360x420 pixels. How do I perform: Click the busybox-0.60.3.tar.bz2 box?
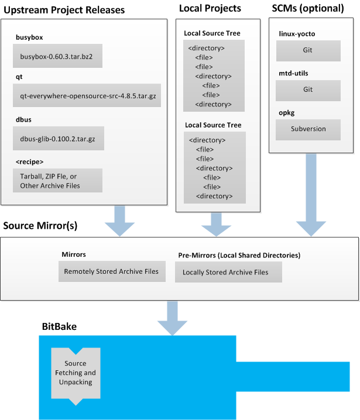click(x=57, y=56)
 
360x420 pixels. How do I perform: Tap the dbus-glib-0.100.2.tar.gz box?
click(x=58, y=138)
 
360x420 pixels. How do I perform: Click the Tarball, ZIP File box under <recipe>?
click(x=57, y=180)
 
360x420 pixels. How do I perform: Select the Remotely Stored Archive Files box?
click(x=111, y=271)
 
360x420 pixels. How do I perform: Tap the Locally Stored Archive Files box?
click(x=228, y=272)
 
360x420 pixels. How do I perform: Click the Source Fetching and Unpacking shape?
click(x=76, y=373)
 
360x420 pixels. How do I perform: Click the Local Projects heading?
click(x=210, y=8)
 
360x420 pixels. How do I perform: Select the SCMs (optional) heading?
click(x=308, y=8)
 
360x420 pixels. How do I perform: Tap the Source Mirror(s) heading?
click(x=40, y=225)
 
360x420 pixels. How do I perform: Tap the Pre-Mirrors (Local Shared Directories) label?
click(x=239, y=256)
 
